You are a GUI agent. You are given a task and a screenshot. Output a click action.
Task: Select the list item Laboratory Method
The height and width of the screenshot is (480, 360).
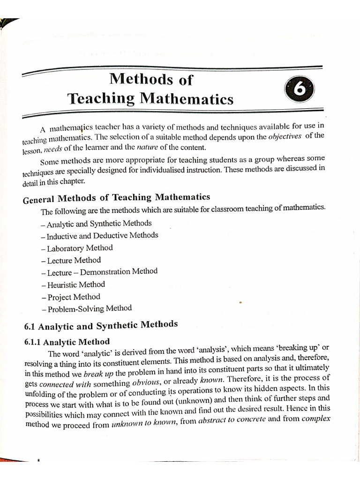[x=77, y=248]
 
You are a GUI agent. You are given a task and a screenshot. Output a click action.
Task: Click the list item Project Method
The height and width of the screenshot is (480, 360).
[x=71, y=297]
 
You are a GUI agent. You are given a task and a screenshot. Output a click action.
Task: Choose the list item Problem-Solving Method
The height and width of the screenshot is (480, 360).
[x=87, y=308]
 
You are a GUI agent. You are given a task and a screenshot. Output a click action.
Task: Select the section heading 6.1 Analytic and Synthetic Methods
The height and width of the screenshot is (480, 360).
[x=101, y=325]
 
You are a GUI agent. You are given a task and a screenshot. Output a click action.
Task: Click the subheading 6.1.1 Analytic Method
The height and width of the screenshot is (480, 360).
[x=67, y=342]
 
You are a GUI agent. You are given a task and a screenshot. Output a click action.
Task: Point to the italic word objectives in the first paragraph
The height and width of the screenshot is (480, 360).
[x=285, y=137]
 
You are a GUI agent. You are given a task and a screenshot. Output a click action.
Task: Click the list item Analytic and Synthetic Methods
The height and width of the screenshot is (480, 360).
[x=96, y=224]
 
